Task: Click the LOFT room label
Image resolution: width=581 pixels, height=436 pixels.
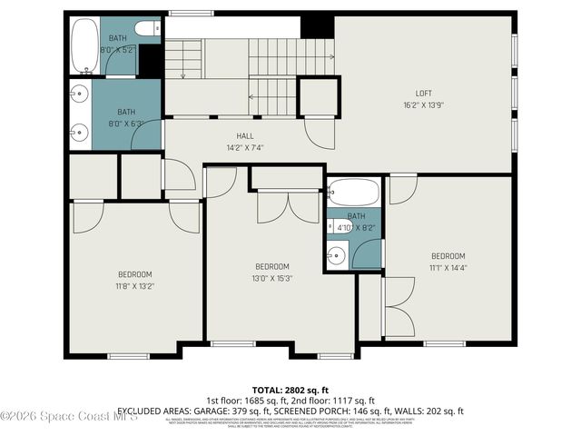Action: pyautogui.click(x=423, y=94)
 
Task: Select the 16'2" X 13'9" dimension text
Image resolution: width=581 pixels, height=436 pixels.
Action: pyautogui.click(x=423, y=104)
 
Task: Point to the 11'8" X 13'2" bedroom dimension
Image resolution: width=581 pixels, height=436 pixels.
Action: pyautogui.click(x=134, y=285)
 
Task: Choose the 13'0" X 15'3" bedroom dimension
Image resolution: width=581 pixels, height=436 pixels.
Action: pyautogui.click(x=271, y=278)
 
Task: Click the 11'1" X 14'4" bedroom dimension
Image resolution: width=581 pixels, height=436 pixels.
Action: pyautogui.click(x=448, y=267)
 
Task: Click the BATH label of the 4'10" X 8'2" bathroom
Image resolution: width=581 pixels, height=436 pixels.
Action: pyautogui.click(x=356, y=216)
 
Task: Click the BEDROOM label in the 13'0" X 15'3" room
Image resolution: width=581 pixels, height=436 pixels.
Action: pyautogui.click(x=271, y=266)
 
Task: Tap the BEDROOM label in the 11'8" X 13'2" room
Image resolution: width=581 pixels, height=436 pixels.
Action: pyautogui.click(x=134, y=274)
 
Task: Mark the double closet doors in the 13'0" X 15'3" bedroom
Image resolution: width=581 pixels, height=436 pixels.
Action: pyautogui.click(x=287, y=207)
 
